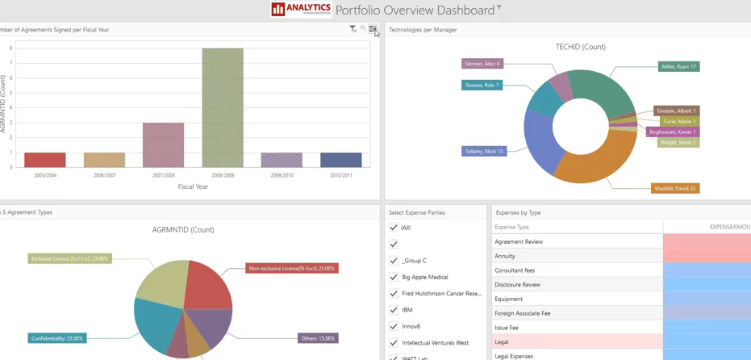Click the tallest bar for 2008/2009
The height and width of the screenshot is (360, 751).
tap(223, 107)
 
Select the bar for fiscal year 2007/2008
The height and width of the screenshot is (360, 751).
tap(163, 145)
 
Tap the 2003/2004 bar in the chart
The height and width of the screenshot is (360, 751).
tap(45, 160)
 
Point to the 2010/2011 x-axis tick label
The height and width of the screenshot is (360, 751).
tap(340, 175)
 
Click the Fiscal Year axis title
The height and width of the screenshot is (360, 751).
tap(193, 186)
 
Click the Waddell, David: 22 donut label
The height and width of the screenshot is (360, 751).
tap(675, 189)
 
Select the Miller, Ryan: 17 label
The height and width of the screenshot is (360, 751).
tap(678, 66)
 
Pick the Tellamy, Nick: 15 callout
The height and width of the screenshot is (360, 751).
tap(484, 151)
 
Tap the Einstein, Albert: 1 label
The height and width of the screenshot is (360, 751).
tap(676, 111)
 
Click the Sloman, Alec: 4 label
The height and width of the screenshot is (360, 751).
tap(482, 64)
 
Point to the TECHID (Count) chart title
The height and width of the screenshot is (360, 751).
tap(580, 47)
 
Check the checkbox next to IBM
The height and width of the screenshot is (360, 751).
tap(394, 310)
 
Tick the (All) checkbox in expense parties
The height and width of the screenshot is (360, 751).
tap(394, 228)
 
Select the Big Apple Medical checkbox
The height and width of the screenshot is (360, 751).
tap(394, 277)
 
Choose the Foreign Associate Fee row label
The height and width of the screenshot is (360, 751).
tap(524, 313)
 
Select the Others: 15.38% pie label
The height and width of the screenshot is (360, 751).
tap(318, 338)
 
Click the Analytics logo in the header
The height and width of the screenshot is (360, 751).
tap(301, 9)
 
